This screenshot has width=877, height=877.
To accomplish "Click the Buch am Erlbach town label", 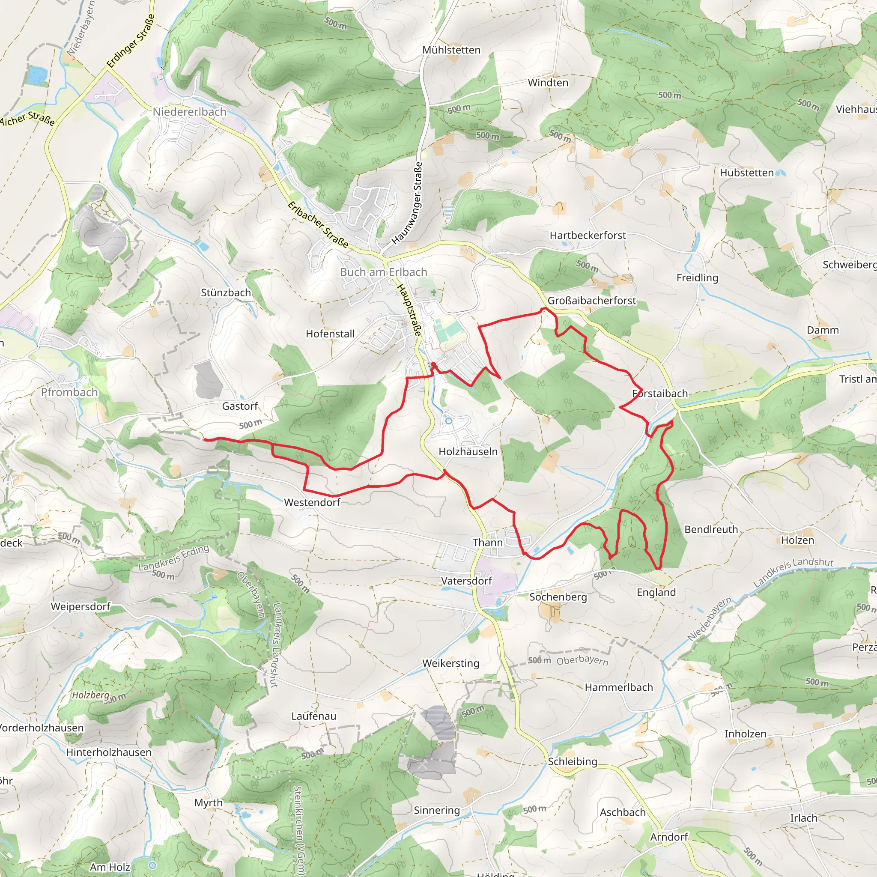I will pyautogui.click(x=384, y=272).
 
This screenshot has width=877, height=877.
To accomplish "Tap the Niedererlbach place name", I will pyautogui.click(x=189, y=112).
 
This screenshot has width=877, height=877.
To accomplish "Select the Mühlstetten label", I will pyautogui.click(x=451, y=50).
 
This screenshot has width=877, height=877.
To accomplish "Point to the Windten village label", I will pyautogui.click(x=548, y=83).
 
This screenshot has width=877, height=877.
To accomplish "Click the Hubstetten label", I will pyautogui.click(x=747, y=173).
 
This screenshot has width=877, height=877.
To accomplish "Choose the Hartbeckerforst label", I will pyautogui.click(x=588, y=236).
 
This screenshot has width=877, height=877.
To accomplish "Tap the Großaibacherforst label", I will pyautogui.click(x=591, y=301).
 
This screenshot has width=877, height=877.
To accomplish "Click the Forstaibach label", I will pyautogui.click(x=660, y=394).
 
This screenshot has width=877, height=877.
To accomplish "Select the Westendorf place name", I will pyautogui.click(x=312, y=502).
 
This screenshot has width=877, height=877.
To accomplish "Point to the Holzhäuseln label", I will pyautogui.click(x=468, y=452).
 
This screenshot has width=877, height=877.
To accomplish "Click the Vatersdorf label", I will pyautogui.click(x=466, y=581).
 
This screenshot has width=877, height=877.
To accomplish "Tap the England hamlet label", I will pyautogui.click(x=656, y=592).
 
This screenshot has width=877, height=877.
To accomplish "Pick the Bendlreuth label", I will pyautogui.click(x=711, y=530).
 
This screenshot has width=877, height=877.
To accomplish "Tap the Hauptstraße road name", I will pyautogui.click(x=409, y=310).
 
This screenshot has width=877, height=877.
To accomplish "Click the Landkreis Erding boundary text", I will pyautogui.click(x=173, y=558).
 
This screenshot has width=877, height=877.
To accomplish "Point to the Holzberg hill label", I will pyautogui.click(x=91, y=695).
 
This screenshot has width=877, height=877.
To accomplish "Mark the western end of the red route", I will pyautogui.click(x=205, y=439).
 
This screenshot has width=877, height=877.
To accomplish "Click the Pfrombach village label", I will pyautogui.click(x=69, y=392).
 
